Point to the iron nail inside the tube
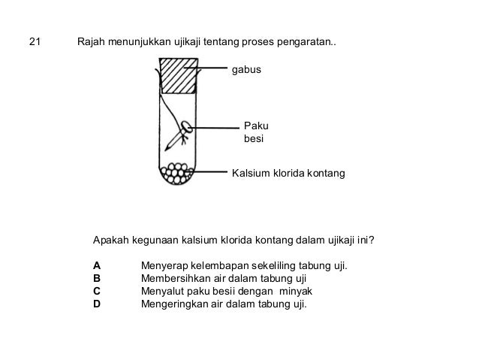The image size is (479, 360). [179, 135]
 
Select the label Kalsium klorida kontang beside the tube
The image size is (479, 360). [288, 174]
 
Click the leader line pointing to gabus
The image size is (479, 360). [213, 69]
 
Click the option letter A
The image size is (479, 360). [97, 266]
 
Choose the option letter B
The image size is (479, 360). [97, 279]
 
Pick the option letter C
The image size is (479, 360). [97, 292]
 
